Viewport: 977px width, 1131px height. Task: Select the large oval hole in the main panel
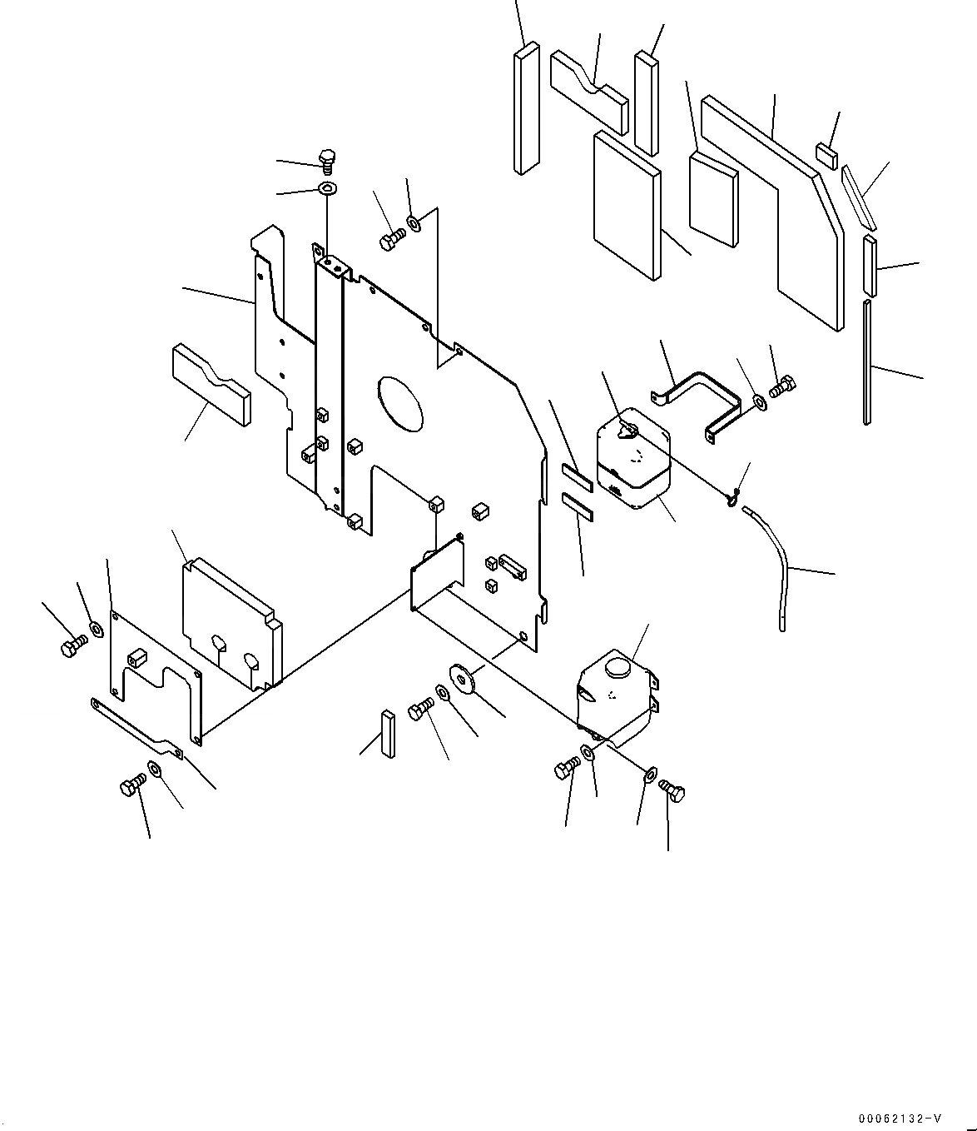(x=400, y=405)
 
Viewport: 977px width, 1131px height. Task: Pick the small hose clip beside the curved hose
(x=732, y=499)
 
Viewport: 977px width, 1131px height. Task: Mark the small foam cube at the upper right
(x=826, y=155)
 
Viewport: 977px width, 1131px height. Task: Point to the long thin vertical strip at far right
(x=868, y=362)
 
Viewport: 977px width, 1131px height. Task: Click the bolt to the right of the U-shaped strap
(x=783, y=387)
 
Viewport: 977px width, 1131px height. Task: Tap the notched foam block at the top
(x=588, y=90)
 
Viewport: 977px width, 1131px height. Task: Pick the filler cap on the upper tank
(x=628, y=431)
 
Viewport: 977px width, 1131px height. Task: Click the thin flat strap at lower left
(x=137, y=726)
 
